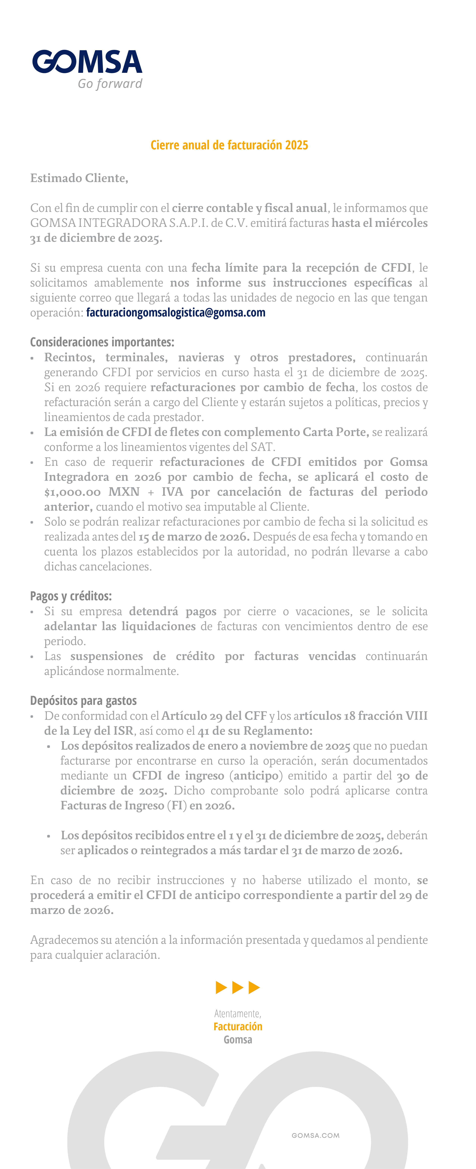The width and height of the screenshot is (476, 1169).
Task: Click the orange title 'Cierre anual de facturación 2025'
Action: click(x=229, y=145)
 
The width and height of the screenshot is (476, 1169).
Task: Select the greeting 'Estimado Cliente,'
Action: click(x=79, y=178)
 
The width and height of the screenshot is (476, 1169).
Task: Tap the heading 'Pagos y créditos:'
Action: click(x=71, y=596)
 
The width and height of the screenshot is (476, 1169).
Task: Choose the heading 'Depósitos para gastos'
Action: click(x=83, y=701)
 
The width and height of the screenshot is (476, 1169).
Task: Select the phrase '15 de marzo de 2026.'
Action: click(x=194, y=537)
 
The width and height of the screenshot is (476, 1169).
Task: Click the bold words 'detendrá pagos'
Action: click(x=172, y=611)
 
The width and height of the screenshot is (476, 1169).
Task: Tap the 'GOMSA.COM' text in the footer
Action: click(x=315, y=1135)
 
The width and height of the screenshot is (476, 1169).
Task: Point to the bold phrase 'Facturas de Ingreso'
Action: click(x=113, y=805)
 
